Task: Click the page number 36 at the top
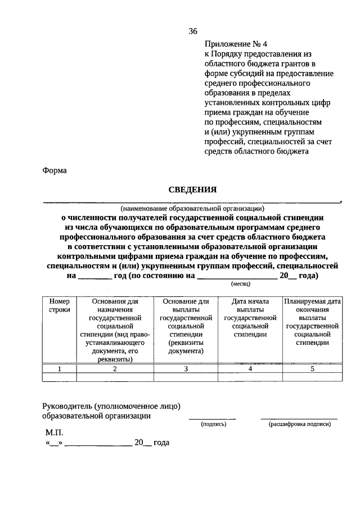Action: pyautogui.click(x=193, y=31)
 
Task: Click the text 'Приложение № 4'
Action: pyautogui.click(x=233, y=43)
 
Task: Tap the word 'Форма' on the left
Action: pyautogui.click(x=55, y=171)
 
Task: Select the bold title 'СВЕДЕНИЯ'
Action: pyautogui.click(x=193, y=190)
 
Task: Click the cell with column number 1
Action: pyautogui.click(x=59, y=368)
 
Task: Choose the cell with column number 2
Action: pyautogui.click(x=115, y=368)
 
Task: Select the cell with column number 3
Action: pyautogui.click(x=186, y=368)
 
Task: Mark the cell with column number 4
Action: pyautogui.click(x=250, y=368)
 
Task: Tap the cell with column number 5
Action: pyautogui.click(x=312, y=368)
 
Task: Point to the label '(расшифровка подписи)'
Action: pyautogui.click(x=299, y=424)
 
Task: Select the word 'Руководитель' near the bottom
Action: pyautogui.click(x=67, y=406)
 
